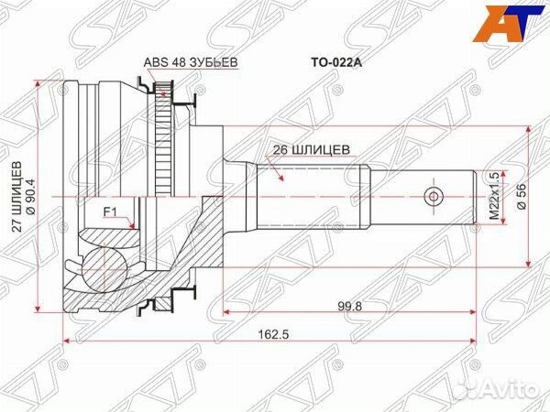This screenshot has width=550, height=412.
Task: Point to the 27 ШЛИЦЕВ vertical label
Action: click(x=16, y=197)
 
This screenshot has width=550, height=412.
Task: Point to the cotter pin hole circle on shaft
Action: click(x=433, y=196)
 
